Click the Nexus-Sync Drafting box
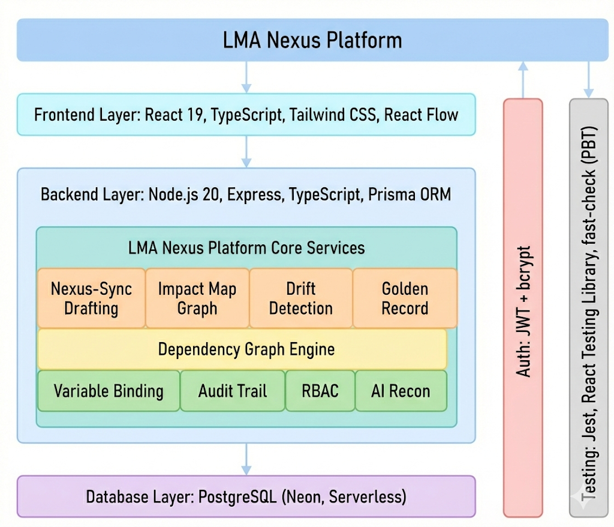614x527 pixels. (x=92, y=298)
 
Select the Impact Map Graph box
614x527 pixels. (x=197, y=298)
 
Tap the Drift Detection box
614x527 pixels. (x=301, y=298)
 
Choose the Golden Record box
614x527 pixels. (x=405, y=298)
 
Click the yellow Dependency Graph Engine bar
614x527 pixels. (x=242, y=349)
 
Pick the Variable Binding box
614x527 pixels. (x=109, y=391)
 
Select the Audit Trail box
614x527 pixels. (x=233, y=391)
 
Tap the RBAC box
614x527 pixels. (x=320, y=391)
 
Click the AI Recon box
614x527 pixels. (x=401, y=391)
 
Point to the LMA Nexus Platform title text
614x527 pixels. (x=312, y=40)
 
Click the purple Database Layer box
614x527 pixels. (x=246, y=496)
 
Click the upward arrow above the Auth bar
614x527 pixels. (x=523, y=79)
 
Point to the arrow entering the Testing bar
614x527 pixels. (x=589, y=79)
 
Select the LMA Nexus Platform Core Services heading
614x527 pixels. (x=246, y=247)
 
